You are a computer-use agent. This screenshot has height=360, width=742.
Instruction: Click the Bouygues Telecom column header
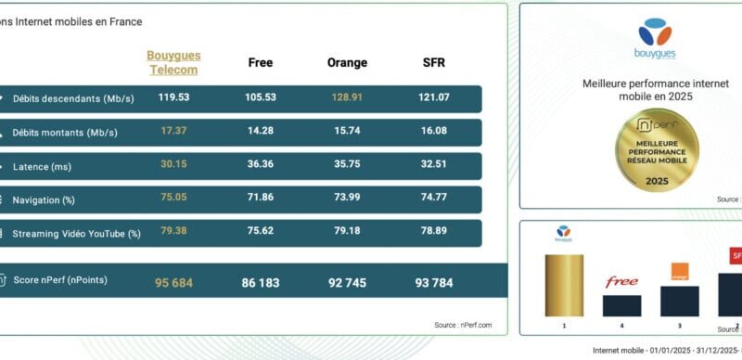173,62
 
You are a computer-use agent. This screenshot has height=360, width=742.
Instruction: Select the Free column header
261,63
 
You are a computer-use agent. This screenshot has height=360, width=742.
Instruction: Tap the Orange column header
347,63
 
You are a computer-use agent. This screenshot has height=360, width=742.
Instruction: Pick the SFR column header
434,63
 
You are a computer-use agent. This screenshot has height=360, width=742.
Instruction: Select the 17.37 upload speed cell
173,131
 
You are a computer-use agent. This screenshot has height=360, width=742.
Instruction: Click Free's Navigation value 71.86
261,199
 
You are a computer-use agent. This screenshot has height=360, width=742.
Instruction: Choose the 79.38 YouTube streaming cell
173,231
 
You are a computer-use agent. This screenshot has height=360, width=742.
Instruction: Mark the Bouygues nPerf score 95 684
173,283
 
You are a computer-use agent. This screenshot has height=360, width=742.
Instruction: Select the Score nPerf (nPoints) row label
60,280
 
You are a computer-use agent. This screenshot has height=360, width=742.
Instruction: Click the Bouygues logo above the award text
656,38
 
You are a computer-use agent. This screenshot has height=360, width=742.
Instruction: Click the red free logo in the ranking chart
621,282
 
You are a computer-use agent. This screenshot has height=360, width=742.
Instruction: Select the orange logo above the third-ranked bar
681,272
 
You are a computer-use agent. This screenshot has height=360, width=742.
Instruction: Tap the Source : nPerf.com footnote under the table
463,325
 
